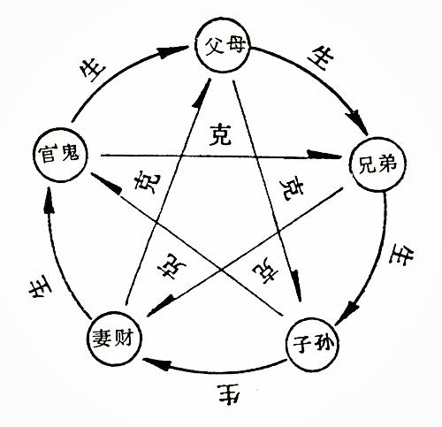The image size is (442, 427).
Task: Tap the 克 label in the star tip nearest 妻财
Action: (165, 267)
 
